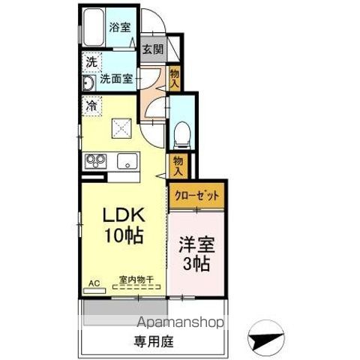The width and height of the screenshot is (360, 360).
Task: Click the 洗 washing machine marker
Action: point(90,61)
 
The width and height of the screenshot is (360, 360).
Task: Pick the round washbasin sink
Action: point(88,82)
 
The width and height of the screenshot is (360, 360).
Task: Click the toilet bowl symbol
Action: point(180,135)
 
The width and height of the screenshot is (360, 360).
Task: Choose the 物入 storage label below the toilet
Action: point(178,165)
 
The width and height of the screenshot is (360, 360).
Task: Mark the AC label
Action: point(94,283)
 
